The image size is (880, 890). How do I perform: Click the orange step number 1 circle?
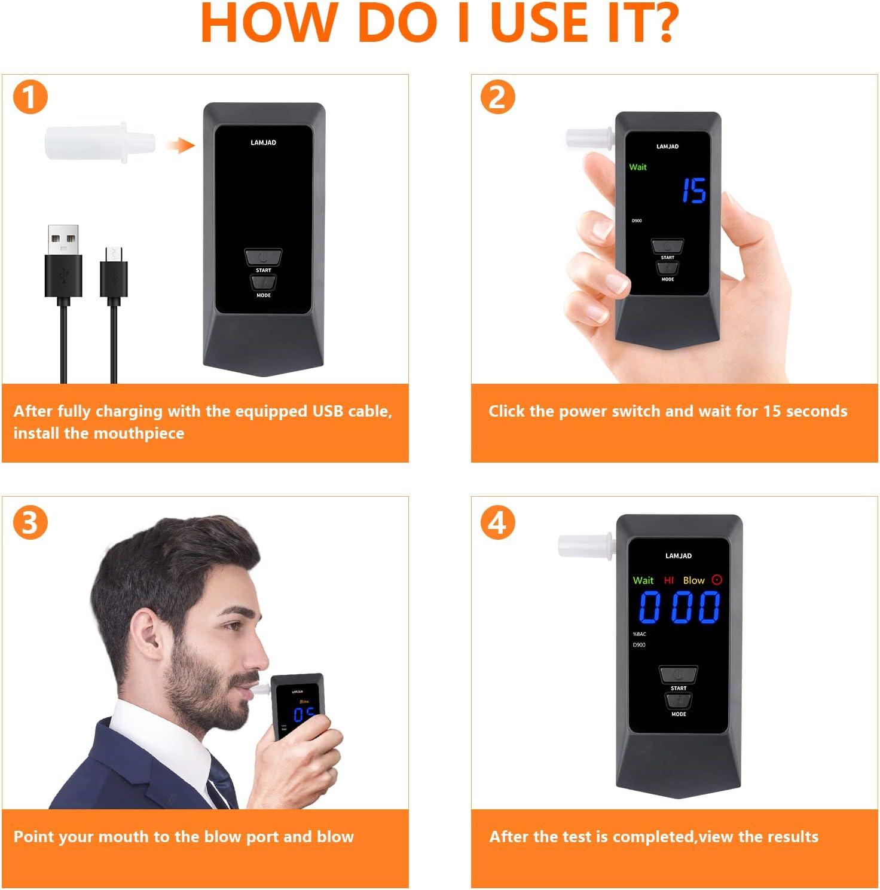click(30, 97)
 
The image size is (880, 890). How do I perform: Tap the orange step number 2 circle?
click(497, 97)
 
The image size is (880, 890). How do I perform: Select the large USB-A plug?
click(63, 263)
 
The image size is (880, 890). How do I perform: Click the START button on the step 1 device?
click(263, 257)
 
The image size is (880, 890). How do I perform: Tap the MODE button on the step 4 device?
click(679, 701)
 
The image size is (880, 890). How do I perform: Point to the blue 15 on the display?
click(694, 191)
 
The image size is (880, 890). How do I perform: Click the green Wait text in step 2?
click(638, 167)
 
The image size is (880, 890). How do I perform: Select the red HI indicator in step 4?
click(669, 580)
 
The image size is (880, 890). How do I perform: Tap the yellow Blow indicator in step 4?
click(694, 580)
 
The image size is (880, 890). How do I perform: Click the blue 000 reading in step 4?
click(679, 607)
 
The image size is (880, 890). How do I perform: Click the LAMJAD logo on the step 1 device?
click(263, 143)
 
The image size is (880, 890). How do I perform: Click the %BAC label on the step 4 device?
click(639, 634)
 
